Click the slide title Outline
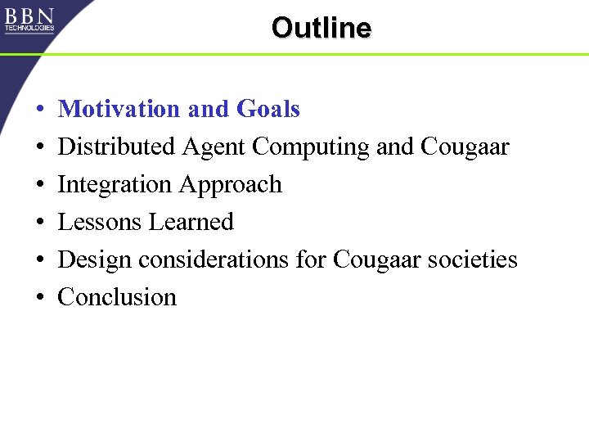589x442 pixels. click(321, 28)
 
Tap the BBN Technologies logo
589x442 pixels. click(29, 20)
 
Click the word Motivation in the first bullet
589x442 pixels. click(119, 109)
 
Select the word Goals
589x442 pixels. click(268, 109)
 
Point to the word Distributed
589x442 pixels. click(117, 147)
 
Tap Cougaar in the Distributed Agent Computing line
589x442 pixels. click(465, 147)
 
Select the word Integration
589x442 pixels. click(115, 185)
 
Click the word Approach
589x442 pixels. click(230, 186)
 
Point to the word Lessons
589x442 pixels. click(98, 222)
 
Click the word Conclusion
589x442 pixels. click(117, 297)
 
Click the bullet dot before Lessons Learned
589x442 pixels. click(39, 223)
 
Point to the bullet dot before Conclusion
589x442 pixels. click(39, 299)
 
